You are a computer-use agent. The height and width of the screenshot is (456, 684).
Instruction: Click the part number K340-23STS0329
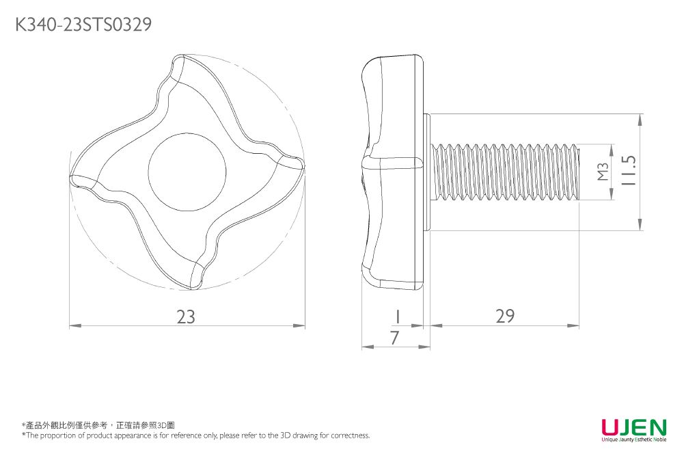83,25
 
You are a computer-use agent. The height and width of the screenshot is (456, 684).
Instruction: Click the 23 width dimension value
186,317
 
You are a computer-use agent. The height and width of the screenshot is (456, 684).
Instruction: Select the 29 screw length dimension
505,316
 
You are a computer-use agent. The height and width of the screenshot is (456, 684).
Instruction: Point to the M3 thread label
602,172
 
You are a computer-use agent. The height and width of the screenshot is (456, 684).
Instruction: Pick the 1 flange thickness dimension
396,316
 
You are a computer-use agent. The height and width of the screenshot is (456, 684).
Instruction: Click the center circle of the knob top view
187,167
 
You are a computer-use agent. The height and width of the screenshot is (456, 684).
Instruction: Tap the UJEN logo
633,428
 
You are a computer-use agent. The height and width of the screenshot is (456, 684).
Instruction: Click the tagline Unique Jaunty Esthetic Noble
633,440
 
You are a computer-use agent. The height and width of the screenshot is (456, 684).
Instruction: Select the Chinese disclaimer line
98,425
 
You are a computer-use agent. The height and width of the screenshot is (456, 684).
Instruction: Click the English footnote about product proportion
196,435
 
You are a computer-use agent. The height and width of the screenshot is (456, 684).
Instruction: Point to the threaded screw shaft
506,172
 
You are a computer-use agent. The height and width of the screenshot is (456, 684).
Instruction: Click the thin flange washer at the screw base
428,172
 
